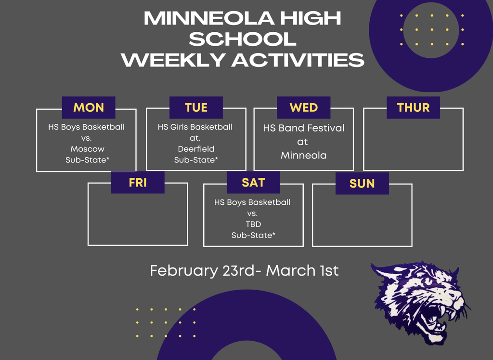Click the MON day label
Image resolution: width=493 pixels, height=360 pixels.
tap(89, 107)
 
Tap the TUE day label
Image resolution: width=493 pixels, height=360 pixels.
tap(196, 107)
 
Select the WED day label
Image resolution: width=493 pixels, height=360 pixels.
tap(303, 107)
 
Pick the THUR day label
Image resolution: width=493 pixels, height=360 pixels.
tap(413, 107)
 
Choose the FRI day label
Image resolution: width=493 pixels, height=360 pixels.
tap(138, 183)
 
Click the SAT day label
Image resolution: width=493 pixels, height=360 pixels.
tap(253, 182)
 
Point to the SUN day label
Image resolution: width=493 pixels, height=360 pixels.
tap(362, 184)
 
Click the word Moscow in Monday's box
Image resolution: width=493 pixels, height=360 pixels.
tap(87, 149)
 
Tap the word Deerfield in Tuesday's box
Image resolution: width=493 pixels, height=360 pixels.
tap(196, 149)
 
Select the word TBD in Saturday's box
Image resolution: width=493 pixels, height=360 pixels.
tap(253, 224)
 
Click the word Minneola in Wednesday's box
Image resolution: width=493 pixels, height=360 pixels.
tap(304, 155)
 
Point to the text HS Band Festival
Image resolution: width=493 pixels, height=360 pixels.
tap(304, 128)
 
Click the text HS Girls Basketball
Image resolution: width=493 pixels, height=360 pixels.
tap(195, 127)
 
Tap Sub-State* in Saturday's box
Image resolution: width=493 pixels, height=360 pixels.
tap(253, 235)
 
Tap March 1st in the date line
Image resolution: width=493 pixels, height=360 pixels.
tap(302, 270)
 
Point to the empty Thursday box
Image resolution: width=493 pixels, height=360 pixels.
tap(413, 145)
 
